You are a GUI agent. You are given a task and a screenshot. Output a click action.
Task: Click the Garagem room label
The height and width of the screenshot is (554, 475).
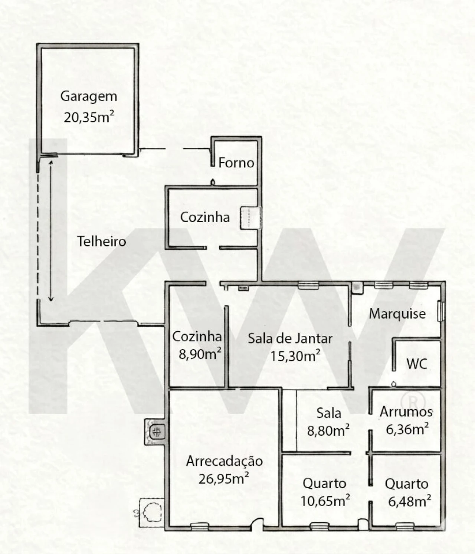(x=89, y=97)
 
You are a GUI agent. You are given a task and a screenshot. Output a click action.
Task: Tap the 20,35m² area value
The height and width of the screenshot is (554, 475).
(x=89, y=117)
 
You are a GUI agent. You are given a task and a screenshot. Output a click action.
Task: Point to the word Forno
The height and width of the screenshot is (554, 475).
(x=236, y=163)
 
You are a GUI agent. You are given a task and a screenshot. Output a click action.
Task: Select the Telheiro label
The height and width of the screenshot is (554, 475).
(x=102, y=242)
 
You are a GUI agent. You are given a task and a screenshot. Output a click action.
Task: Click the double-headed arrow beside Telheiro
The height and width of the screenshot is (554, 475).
(x=51, y=231)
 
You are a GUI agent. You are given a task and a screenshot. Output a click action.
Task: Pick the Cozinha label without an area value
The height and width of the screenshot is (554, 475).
(x=205, y=217)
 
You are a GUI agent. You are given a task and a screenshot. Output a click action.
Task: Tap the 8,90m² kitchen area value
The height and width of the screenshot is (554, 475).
(x=200, y=354)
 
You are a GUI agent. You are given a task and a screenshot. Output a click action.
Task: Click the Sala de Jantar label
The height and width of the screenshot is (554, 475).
(x=290, y=339)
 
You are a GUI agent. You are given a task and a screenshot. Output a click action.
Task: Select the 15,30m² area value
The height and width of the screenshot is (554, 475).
(x=295, y=356)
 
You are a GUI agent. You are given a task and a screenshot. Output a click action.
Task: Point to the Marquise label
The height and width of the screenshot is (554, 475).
(x=397, y=314)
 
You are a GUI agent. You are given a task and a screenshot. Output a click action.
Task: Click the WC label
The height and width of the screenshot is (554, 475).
(x=417, y=364)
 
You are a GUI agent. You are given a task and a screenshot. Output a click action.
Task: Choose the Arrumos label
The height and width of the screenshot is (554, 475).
(x=406, y=412)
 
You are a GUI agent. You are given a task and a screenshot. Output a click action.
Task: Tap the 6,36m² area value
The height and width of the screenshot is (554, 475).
(x=407, y=429)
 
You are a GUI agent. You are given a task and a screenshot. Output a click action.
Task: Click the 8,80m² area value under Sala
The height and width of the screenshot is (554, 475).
(x=328, y=431)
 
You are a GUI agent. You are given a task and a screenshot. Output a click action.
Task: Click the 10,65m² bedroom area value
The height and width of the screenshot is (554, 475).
(x=325, y=501)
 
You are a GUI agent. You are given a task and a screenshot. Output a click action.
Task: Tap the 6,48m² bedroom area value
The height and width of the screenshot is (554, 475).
(x=410, y=501)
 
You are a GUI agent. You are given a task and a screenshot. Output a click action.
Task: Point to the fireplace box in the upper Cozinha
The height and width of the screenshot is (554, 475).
(x=250, y=218)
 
